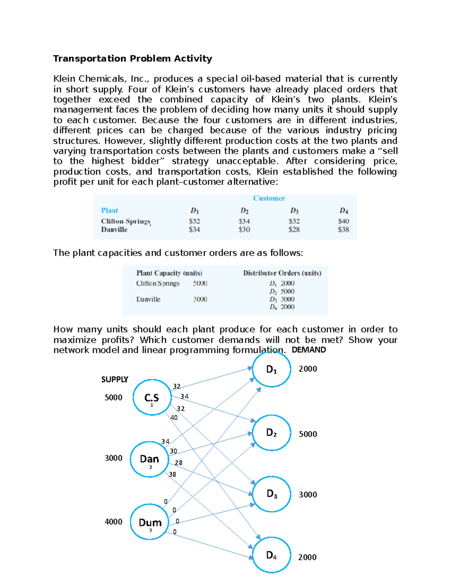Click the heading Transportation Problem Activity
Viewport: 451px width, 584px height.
[x=132, y=59]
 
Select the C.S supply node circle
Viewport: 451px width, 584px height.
[x=152, y=397]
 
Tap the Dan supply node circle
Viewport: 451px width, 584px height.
[x=149, y=459]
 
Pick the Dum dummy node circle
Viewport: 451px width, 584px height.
[x=150, y=522]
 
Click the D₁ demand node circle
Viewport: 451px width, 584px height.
[x=271, y=369]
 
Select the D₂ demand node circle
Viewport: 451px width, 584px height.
[x=271, y=433]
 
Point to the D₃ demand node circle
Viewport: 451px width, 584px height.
[x=271, y=494]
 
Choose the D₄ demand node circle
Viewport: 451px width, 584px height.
[x=271, y=555]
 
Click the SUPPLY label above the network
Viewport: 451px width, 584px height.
[x=115, y=379]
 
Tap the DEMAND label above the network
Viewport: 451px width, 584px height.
[x=309, y=350]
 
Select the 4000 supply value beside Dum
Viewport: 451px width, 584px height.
[x=114, y=522]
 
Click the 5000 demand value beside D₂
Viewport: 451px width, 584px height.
[x=308, y=434]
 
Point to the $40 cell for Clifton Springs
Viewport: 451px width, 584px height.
[x=343, y=221]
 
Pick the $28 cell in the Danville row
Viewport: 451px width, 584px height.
[x=294, y=229]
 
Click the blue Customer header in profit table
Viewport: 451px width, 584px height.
[x=269, y=198]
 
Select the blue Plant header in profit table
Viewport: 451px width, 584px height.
[x=109, y=210]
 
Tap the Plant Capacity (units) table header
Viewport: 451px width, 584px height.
[x=169, y=273]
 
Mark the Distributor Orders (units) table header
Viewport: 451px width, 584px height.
[x=282, y=273]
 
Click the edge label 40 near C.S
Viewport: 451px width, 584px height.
[x=174, y=417]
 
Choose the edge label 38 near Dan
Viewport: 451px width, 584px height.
[x=172, y=474]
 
